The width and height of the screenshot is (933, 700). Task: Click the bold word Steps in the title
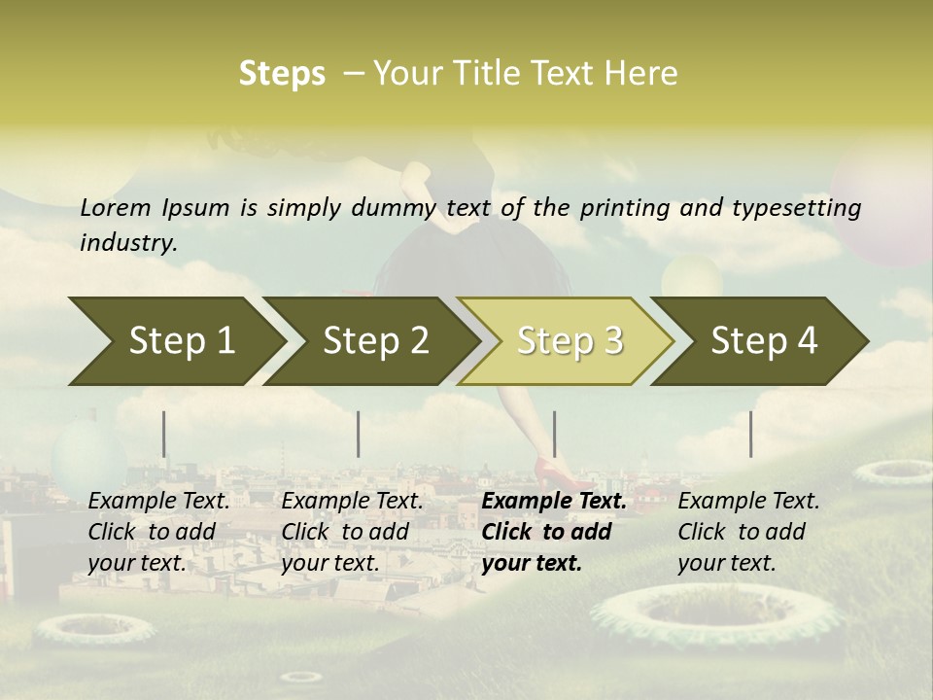pyautogui.click(x=282, y=74)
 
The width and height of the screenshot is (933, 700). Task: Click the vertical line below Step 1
pyautogui.click(x=164, y=434)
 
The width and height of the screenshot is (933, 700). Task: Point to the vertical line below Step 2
pyautogui.click(x=359, y=434)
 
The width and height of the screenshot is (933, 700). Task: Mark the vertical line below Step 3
pyautogui.click(x=554, y=434)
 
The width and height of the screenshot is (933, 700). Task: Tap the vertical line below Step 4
pyautogui.click(x=750, y=434)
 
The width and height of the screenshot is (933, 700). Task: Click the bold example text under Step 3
pyautogui.click(x=554, y=532)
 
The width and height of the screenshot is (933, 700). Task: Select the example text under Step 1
pyautogui.click(x=158, y=532)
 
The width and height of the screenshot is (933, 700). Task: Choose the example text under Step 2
pyautogui.click(x=352, y=532)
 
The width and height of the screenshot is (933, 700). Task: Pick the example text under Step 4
pyautogui.click(x=748, y=532)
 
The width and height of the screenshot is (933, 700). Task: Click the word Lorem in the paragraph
pyautogui.click(x=116, y=207)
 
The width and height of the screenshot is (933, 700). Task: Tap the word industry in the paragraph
pyautogui.click(x=127, y=242)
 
